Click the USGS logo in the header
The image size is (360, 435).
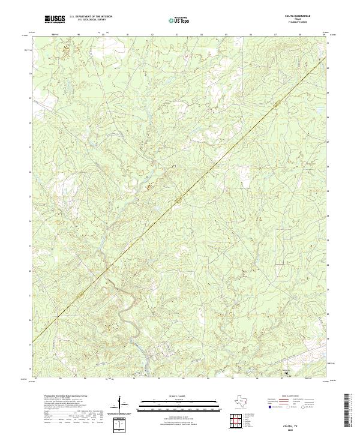coord(55,19)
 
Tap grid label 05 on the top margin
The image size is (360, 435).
coord(226,35)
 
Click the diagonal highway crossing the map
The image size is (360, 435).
coord(180,198)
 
